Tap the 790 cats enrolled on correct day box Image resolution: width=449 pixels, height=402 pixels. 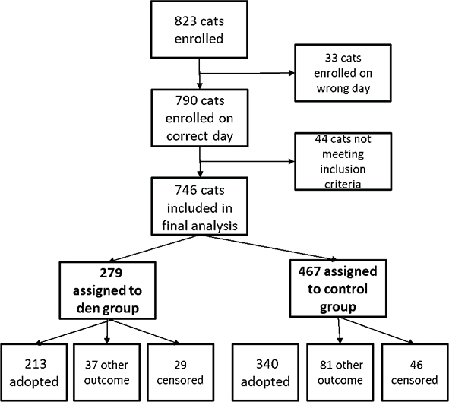point(198,118)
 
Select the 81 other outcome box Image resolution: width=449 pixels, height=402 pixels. point(337,371)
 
